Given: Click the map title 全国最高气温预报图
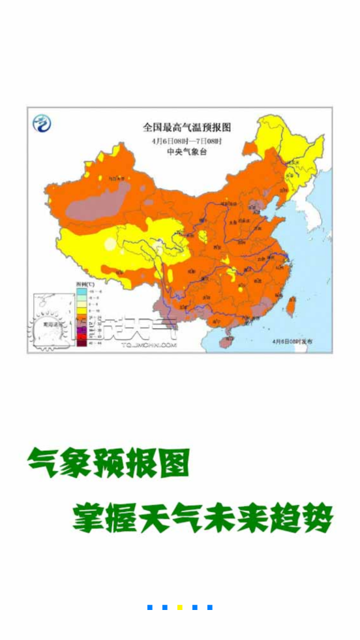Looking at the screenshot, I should tap(187, 128).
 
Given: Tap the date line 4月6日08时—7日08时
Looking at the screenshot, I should tap(187, 141).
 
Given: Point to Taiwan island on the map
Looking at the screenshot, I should tap(291, 305).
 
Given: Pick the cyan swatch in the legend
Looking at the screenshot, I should tap(81, 293).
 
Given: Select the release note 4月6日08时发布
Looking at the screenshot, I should tap(293, 341).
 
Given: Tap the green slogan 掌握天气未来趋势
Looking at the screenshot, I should tap(203, 517).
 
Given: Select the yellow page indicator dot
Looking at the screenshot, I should tap(180, 607).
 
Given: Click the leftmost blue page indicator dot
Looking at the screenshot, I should tap(150, 607).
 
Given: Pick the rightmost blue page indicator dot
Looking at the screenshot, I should tap(210, 607).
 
